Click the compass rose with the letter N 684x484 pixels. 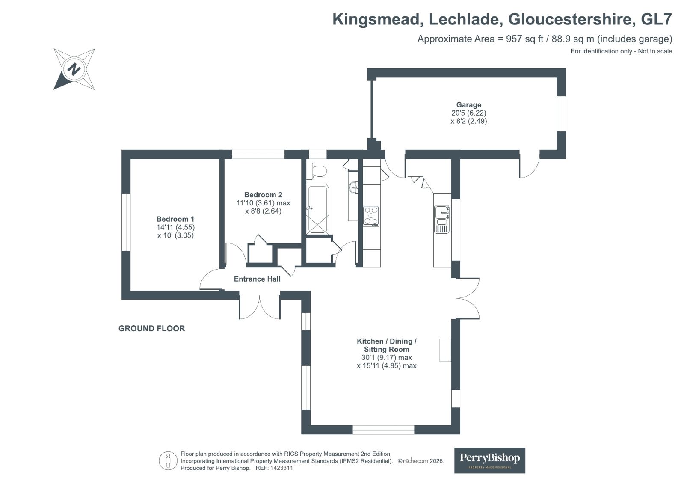(x=74, y=69)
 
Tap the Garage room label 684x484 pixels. (x=468, y=105)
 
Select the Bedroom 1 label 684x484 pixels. (x=175, y=219)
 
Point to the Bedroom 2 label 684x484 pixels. (x=263, y=195)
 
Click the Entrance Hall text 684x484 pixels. (x=257, y=279)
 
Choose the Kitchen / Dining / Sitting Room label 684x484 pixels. (x=387, y=345)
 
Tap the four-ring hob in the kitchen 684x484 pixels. (x=371, y=216)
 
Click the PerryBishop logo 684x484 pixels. (x=489, y=460)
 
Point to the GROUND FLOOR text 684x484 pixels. (x=151, y=329)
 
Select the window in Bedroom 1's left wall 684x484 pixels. (x=126, y=222)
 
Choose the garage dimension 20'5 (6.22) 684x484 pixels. (x=468, y=113)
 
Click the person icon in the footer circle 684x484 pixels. (x=168, y=461)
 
